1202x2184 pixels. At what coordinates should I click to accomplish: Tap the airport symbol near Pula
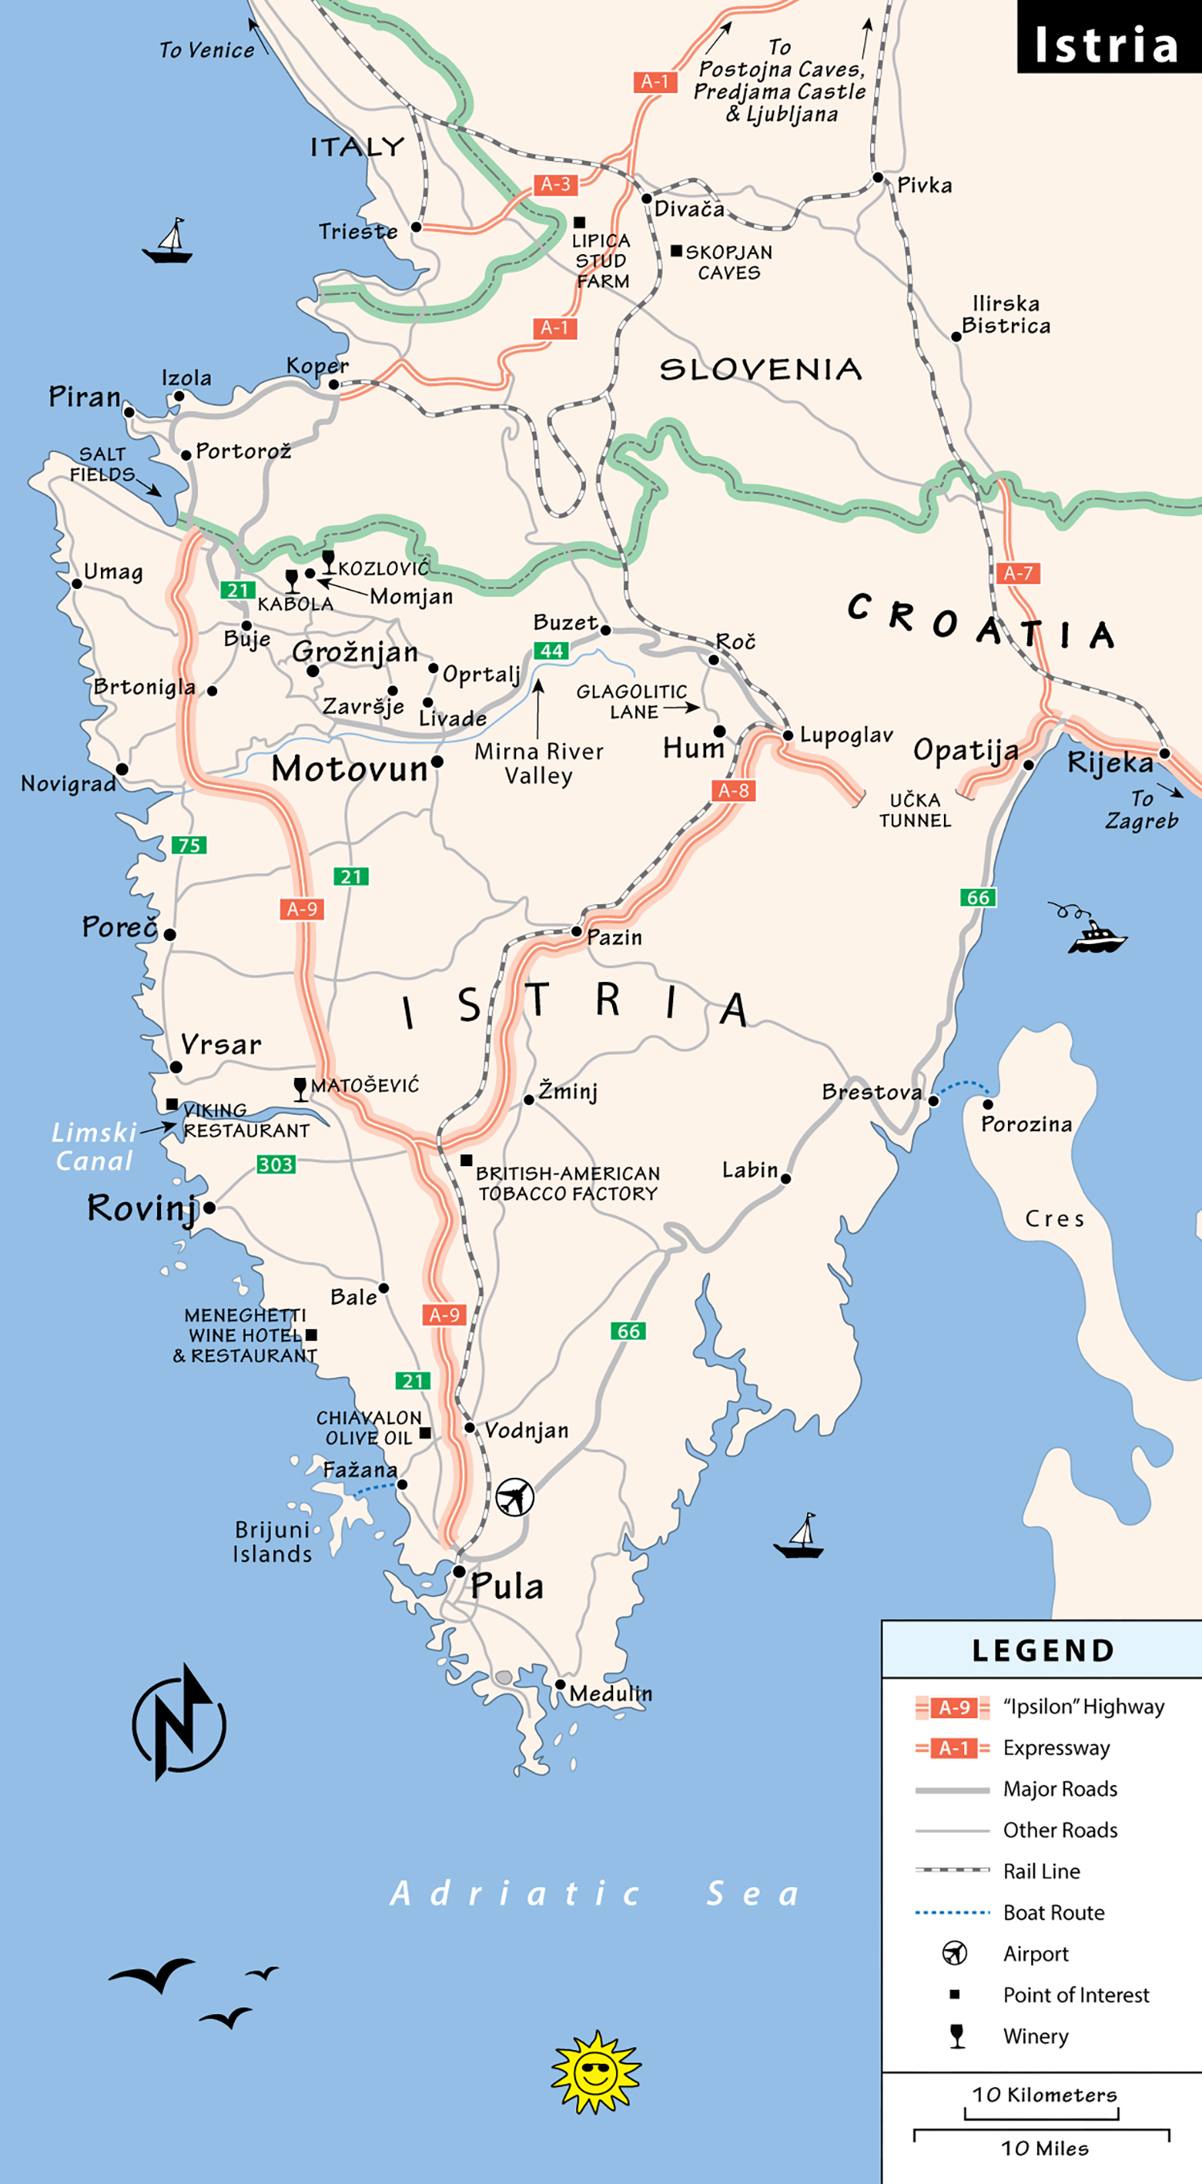click(x=514, y=1496)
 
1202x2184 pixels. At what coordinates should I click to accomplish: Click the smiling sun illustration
click(x=596, y=2071)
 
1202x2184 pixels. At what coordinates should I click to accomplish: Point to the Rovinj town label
click(x=141, y=1208)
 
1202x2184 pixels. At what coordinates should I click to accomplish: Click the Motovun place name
click(x=349, y=769)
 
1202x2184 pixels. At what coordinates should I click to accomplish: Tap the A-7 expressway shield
click(x=1017, y=574)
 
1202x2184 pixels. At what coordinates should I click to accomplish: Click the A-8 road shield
click(x=733, y=791)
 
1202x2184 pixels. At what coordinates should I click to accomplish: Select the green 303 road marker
click(x=276, y=1165)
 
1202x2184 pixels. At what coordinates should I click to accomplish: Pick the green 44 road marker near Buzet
click(x=551, y=651)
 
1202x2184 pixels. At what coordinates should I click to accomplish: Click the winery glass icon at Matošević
click(x=300, y=1088)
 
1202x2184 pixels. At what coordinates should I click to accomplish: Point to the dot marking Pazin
click(x=576, y=931)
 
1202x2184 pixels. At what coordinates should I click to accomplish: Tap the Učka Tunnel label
click(x=914, y=810)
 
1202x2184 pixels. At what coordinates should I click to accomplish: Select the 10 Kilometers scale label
click(x=1044, y=2094)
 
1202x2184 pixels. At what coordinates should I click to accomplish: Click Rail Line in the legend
click(x=1041, y=1871)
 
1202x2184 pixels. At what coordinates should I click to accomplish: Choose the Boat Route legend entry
click(x=1053, y=1912)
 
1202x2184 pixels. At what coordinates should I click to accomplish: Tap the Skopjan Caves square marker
click(x=676, y=251)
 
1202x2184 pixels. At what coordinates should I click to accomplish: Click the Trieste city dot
click(x=416, y=228)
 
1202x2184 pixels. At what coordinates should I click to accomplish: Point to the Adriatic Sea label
click(x=593, y=1893)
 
